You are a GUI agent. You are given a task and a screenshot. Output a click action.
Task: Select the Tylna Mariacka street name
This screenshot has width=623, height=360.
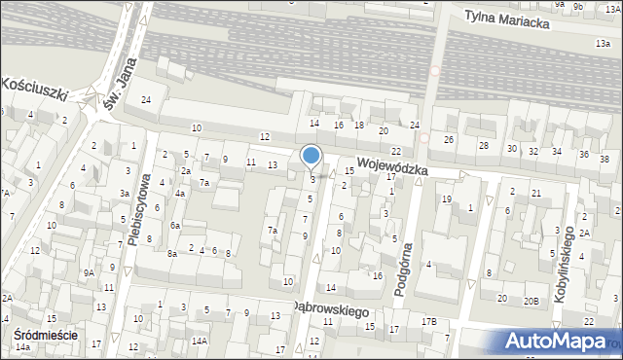507,16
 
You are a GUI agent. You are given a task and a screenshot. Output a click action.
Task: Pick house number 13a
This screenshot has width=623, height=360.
603,44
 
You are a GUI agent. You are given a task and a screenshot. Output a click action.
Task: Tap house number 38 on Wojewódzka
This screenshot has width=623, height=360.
604,160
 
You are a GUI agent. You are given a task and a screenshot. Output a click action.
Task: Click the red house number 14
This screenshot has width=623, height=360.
313,124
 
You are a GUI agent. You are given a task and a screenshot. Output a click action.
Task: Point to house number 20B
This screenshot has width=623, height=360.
531,301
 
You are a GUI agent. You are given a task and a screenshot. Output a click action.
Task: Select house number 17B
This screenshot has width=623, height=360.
428,321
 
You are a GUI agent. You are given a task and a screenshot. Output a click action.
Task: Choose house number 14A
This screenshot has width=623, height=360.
199,341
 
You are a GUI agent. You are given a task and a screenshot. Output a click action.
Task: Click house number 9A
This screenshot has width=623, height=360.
88,273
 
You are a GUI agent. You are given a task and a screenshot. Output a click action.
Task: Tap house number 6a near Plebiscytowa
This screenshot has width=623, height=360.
175,225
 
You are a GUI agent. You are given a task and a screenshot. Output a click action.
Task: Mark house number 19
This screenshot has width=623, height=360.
446,198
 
